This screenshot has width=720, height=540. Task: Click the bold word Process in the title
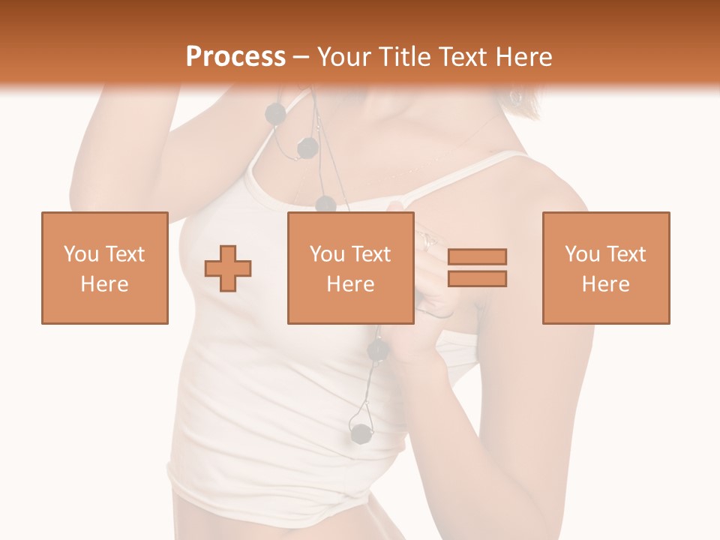[235, 57]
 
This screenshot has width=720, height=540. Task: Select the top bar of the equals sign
[477, 256]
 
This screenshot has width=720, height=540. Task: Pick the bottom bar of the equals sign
[477, 278]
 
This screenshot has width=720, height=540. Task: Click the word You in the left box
[80, 254]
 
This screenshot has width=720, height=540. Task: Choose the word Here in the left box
[104, 284]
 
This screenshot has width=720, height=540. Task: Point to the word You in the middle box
[327, 254]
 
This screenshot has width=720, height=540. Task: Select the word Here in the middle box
[350, 284]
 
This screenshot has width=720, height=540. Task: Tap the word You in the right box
[582, 254]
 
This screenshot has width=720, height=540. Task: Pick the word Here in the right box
[605, 284]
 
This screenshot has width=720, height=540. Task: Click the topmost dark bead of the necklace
[276, 113]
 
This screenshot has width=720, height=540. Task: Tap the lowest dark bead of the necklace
[361, 433]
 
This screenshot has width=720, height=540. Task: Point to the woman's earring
[516, 97]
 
